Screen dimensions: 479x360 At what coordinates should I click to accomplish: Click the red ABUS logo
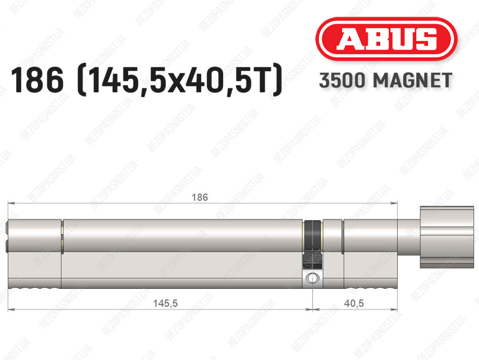point(386,39)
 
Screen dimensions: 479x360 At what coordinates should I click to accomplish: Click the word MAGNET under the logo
point(413,81)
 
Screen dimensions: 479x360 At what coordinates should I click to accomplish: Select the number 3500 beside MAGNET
point(342,81)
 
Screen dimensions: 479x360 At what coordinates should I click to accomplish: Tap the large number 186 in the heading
point(37,80)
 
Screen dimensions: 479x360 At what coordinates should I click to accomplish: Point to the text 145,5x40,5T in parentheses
point(180,80)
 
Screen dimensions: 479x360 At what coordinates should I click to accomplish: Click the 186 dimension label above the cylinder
point(200,197)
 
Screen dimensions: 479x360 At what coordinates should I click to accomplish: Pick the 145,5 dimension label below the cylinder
point(165,303)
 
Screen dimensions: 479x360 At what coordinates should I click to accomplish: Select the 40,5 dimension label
point(354,303)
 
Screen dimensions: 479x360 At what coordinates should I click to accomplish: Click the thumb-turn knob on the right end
point(447,237)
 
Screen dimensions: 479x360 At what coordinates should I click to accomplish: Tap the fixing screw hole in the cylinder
point(312,279)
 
